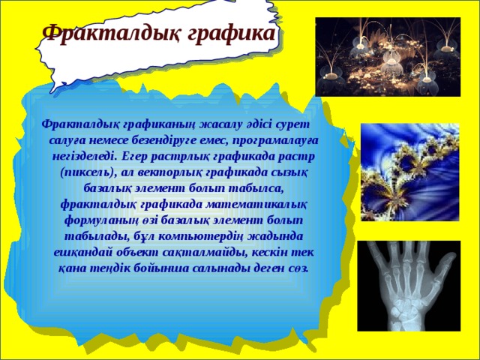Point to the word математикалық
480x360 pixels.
259,204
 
